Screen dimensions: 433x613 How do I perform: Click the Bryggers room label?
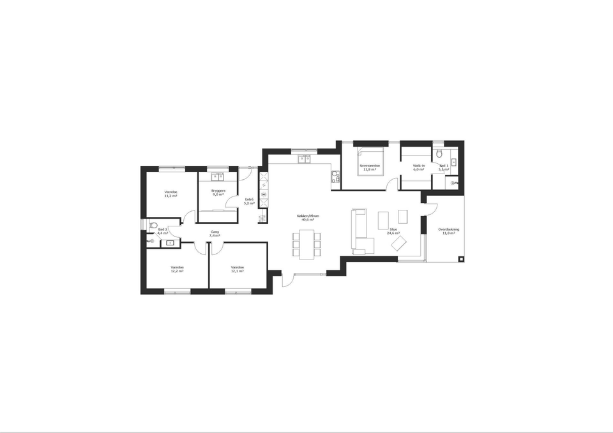point(218,190)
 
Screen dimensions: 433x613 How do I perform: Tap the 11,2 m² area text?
point(170,196)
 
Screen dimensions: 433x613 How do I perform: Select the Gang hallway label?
point(215,231)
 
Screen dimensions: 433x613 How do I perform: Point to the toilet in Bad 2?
point(153,225)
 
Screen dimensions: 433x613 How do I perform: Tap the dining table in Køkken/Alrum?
point(306,244)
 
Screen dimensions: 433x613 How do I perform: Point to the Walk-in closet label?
point(419,166)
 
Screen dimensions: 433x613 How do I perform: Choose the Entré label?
point(249,200)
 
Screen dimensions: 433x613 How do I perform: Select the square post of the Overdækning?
point(460,259)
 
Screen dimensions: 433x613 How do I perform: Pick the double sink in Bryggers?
point(218,177)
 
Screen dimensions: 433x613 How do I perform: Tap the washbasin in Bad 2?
point(170,243)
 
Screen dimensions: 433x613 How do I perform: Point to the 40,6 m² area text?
point(308,219)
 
